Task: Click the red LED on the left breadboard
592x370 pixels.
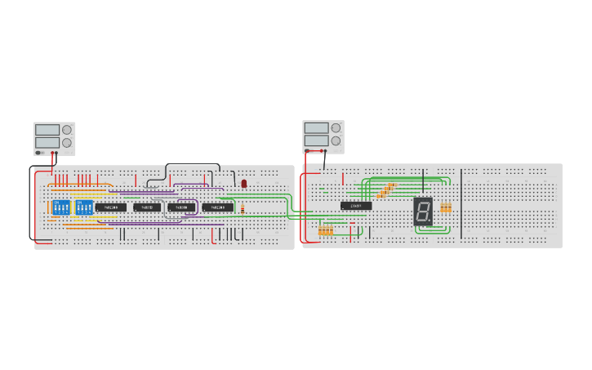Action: click(x=244, y=184)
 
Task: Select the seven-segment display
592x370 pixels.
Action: click(x=423, y=212)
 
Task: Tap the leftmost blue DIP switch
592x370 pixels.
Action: click(x=60, y=207)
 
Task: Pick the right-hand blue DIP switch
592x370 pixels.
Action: click(x=84, y=207)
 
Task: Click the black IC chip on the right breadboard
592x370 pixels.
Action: click(x=356, y=206)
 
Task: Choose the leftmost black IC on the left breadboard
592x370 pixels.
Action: click(x=110, y=207)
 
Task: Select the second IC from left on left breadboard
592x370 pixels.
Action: click(x=147, y=207)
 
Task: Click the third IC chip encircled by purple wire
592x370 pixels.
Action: click(x=181, y=207)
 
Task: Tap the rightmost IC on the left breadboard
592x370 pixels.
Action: click(x=217, y=207)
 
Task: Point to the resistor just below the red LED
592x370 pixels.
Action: click(x=243, y=208)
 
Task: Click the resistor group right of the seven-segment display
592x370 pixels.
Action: click(x=446, y=207)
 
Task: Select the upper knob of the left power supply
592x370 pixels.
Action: click(x=67, y=129)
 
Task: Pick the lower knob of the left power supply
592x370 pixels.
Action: click(x=67, y=143)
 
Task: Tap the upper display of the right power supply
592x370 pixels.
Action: click(x=316, y=127)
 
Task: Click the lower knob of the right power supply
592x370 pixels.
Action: click(x=336, y=140)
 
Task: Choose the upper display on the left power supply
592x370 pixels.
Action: click(x=47, y=129)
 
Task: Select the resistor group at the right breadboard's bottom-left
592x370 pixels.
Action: click(x=326, y=230)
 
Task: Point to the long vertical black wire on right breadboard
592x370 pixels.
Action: click(x=461, y=203)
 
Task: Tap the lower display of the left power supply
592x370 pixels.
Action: click(x=47, y=143)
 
